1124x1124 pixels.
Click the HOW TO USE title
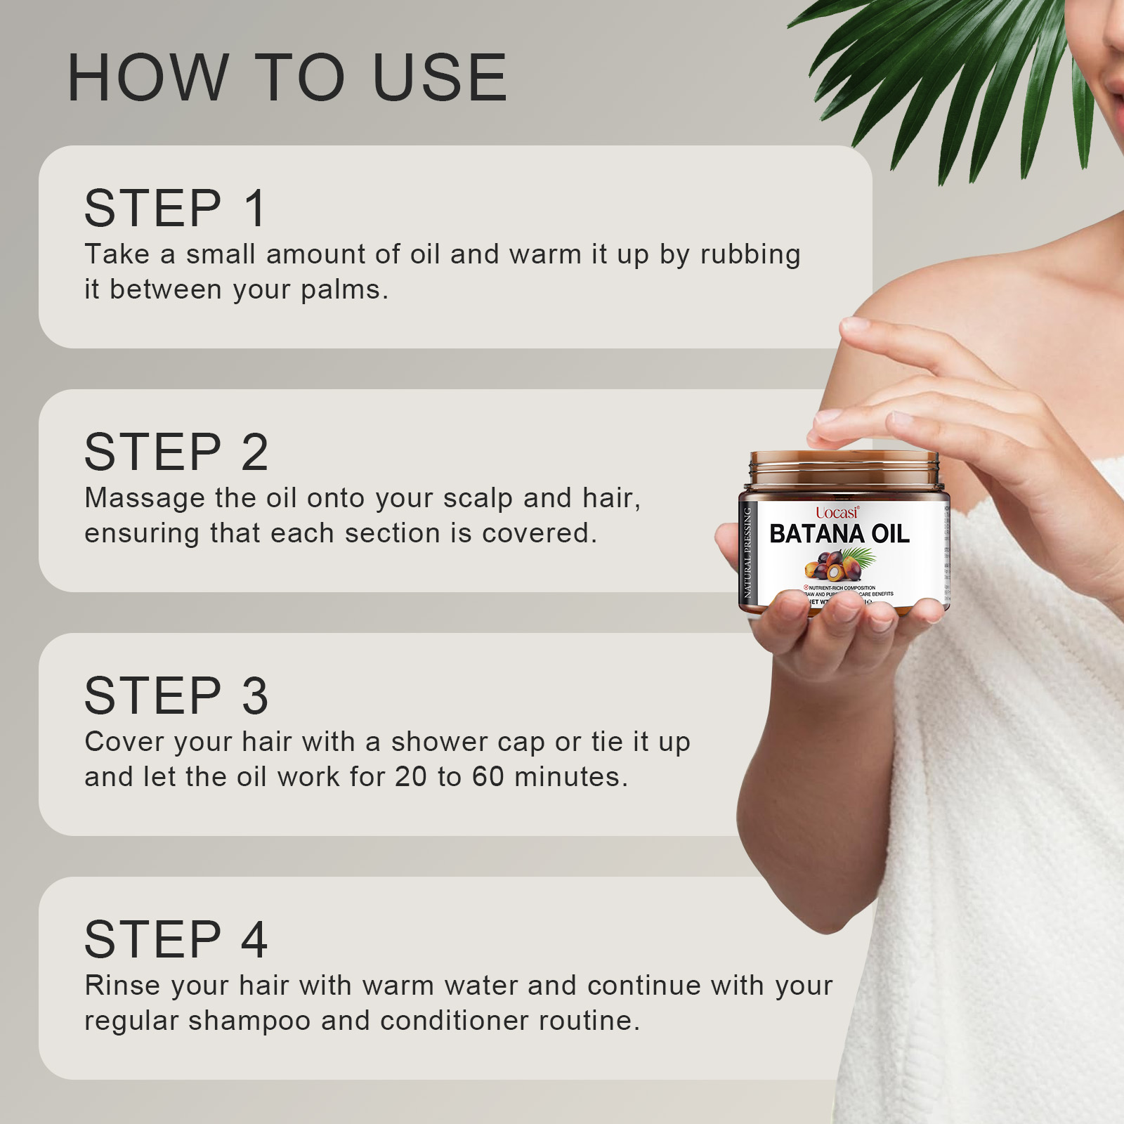(x=287, y=77)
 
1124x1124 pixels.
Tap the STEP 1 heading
(x=176, y=208)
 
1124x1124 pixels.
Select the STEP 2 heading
(x=176, y=452)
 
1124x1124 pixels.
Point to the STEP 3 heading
(x=176, y=695)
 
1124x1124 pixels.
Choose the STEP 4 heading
(x=176, y=939)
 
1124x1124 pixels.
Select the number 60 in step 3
(x=488, y=777)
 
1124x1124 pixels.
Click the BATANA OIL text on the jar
(x=839, y=534)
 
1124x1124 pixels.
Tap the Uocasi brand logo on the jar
(x=837, y=513)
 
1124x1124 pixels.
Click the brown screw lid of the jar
(x=843, y=469)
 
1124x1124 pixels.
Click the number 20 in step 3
(x=411, y=777)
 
